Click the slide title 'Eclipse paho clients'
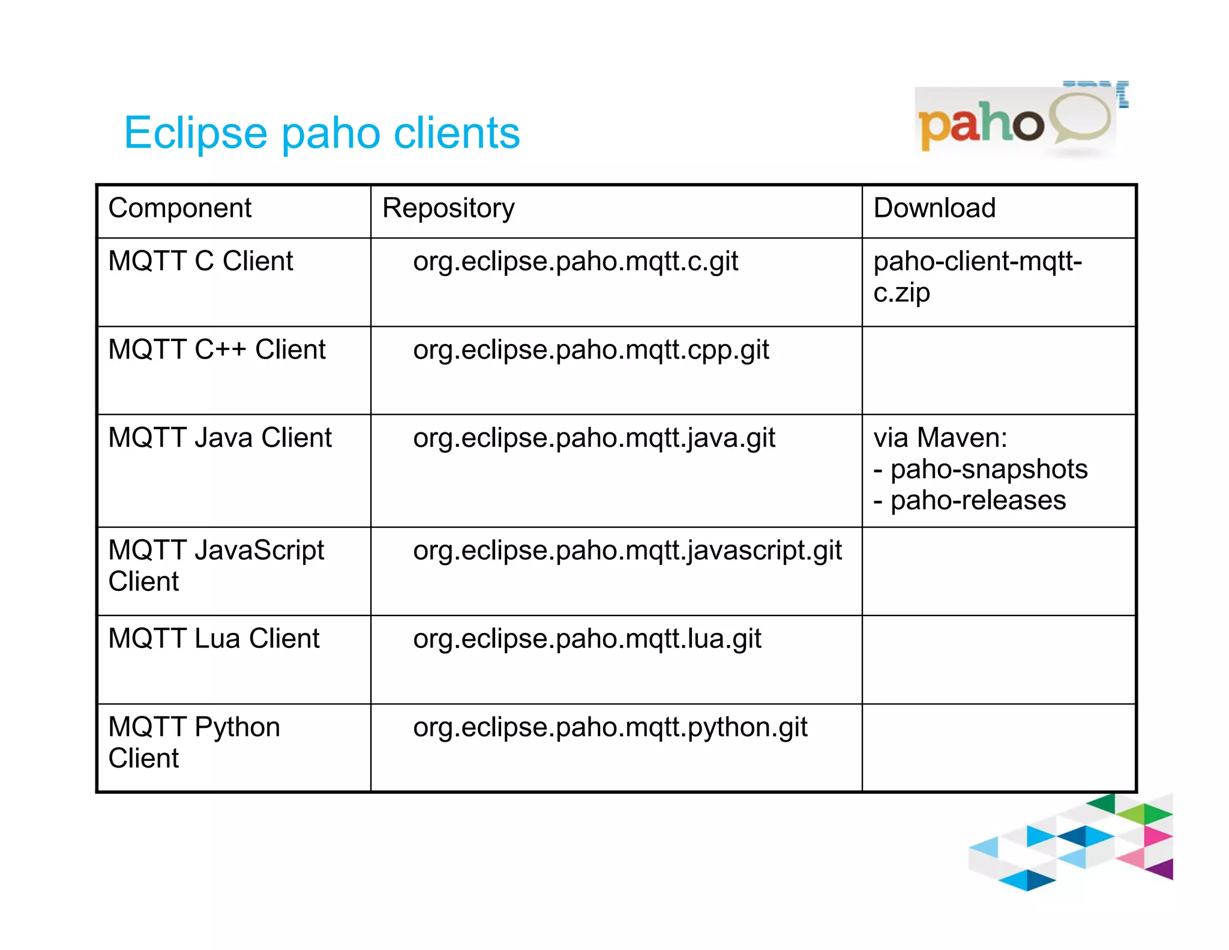click(x=322, y=133)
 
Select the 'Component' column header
click(x=179, y=208)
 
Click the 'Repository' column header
click(x=448, y=208)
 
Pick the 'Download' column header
click(x=934, y=208)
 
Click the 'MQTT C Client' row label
click(x=200, y=261)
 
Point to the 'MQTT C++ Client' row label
click(x=217, y=349)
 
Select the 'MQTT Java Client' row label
click(x=220, y=438)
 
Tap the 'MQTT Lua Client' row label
click(x=214, y=638)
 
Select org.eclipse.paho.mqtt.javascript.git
click(x=627, y=551)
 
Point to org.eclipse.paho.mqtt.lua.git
click(x=587, y=639)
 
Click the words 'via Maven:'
click(x=940, y=438)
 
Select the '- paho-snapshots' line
click(x=980, y=469)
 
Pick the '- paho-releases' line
click(x=969, y=500)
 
